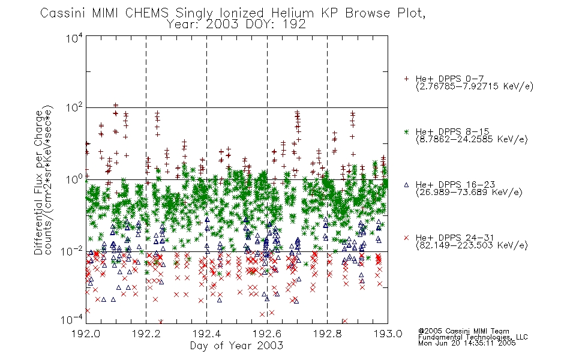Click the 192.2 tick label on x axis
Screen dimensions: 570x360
point(146,334)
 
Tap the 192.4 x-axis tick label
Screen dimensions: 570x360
point(207,334)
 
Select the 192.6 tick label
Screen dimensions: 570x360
point(267,334)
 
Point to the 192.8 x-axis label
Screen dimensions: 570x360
point(328,334)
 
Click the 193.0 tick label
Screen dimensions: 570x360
point(388,334)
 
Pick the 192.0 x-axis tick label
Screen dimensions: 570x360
point(86,334)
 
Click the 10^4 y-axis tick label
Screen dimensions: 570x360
point(74,38)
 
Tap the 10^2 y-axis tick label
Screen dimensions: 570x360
point(74,108)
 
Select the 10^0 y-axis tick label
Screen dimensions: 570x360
point(74,179)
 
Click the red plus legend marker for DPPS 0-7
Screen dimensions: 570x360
point(406,79)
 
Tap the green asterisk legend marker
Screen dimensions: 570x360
point(406,131)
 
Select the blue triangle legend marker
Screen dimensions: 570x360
point(406,185)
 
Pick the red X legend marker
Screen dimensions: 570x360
point(406,238)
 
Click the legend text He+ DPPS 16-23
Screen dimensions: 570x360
point(455,185)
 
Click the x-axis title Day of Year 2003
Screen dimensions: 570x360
point(236,346)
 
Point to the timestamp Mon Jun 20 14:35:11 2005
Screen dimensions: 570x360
point(467,343)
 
